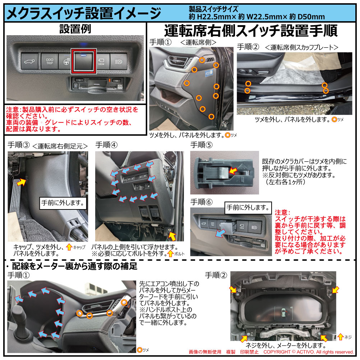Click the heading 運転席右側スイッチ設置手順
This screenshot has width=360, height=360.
coord(251,31)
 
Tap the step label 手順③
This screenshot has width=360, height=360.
coord(18,145)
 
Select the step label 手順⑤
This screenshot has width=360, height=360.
coord(202,145)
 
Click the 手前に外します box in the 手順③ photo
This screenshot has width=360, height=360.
coord(62,203)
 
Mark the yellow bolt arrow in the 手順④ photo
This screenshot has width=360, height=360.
coord(172,236)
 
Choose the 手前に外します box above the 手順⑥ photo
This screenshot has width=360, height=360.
coord(248,207)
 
